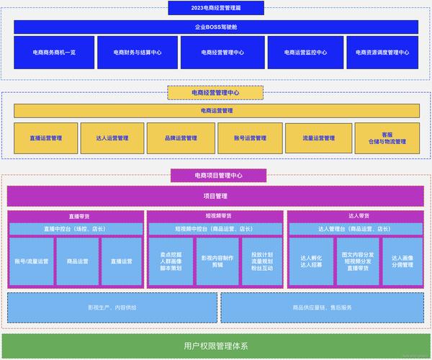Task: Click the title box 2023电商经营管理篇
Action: click(x=216, y=8)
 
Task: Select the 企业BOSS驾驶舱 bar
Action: click(x=216, y=27)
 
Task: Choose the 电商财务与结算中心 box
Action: click(x=137, y=53)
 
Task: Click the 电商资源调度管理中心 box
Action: click(x=382, y=53)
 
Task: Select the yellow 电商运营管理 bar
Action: click(x=216, y=111)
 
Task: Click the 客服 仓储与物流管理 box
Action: click(x=387, y=138)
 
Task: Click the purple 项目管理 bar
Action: click(x=216, y=196)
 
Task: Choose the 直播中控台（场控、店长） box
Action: click(x=75, y=229)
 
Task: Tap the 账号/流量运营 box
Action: click(x=32, y=261)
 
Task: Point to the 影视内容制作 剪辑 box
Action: click(x=217, y=261)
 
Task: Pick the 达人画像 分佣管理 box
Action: click(x=402, y=261)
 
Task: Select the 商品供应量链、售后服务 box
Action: click(x=322, y=307)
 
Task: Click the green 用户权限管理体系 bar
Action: click(x=216, y=346)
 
